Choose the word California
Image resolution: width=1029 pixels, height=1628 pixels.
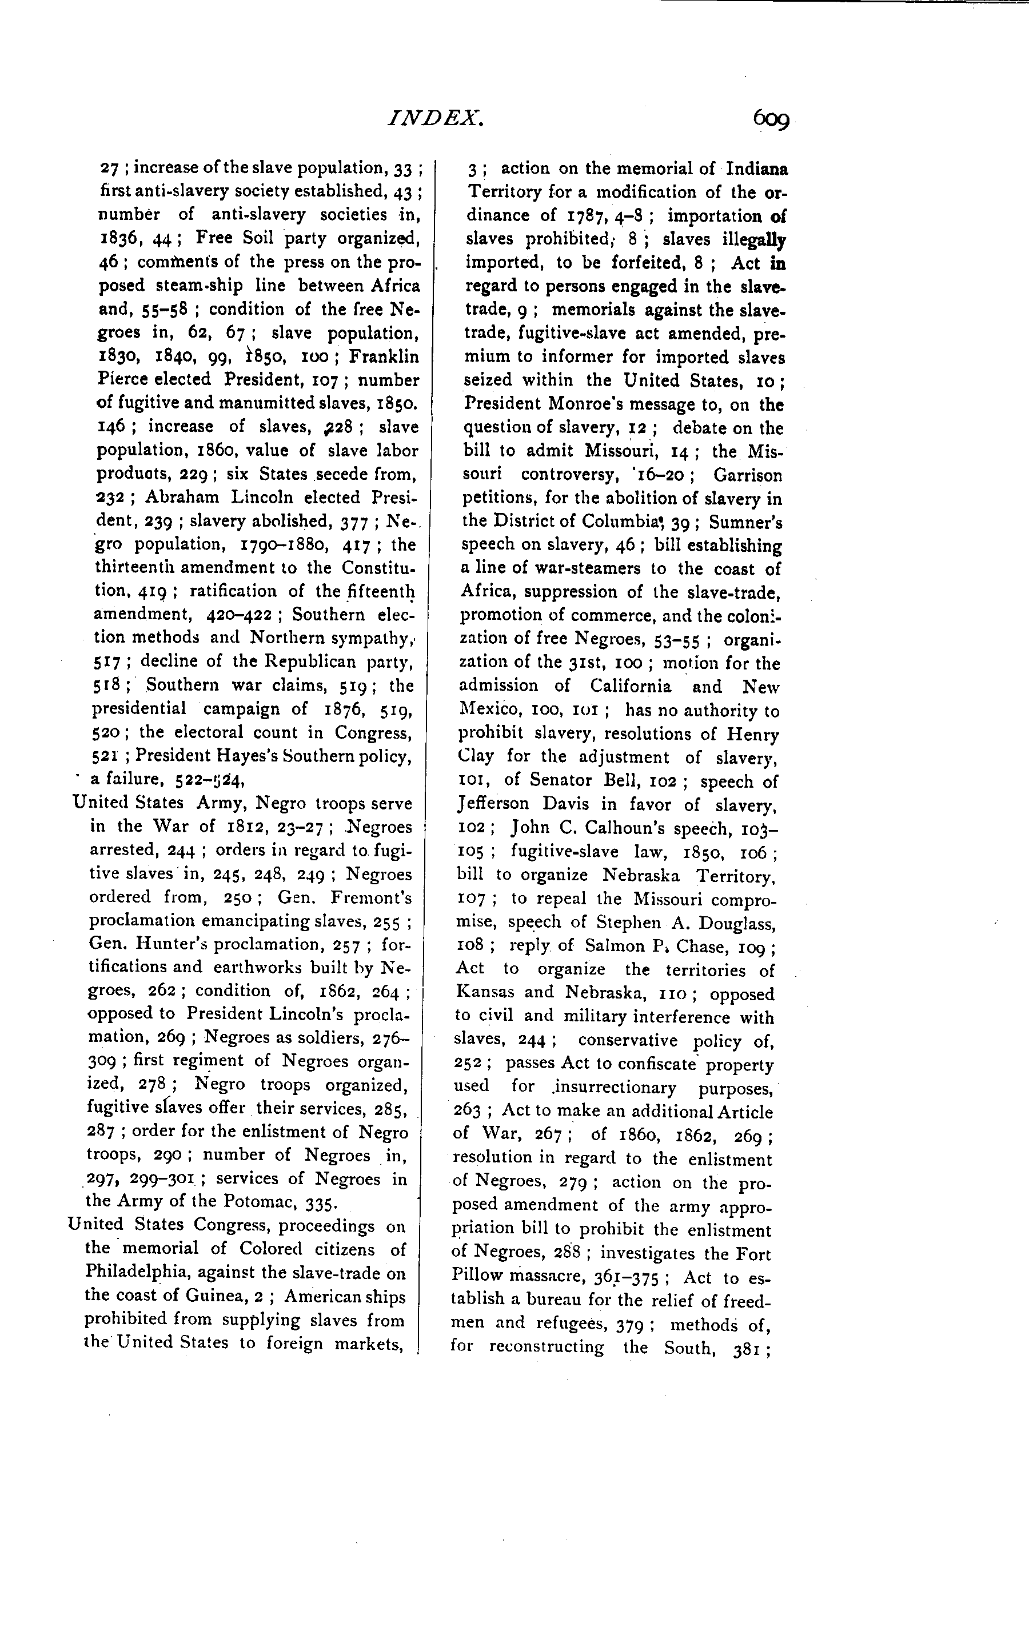[x=631, y=686]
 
